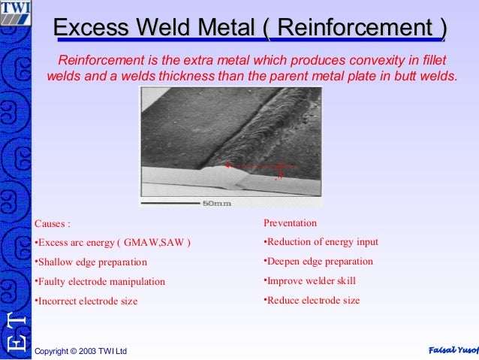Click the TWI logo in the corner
pyautogui.click(x=15, y=12)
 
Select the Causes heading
pyautogui.click(x=53, y=224)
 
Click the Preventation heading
pyautogui.click(x=290, y=223)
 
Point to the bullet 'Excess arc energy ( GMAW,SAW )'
pyautogui.click(x=113, y=243)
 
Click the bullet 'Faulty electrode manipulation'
pyautogui.click(x=100, y=282)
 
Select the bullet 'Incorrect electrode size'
pyautogui.click(x=86, y=301)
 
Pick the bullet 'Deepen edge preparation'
pyautogui.click(x=318, y=262)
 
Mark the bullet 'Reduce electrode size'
pyautogui.click(x=312, y=301)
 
